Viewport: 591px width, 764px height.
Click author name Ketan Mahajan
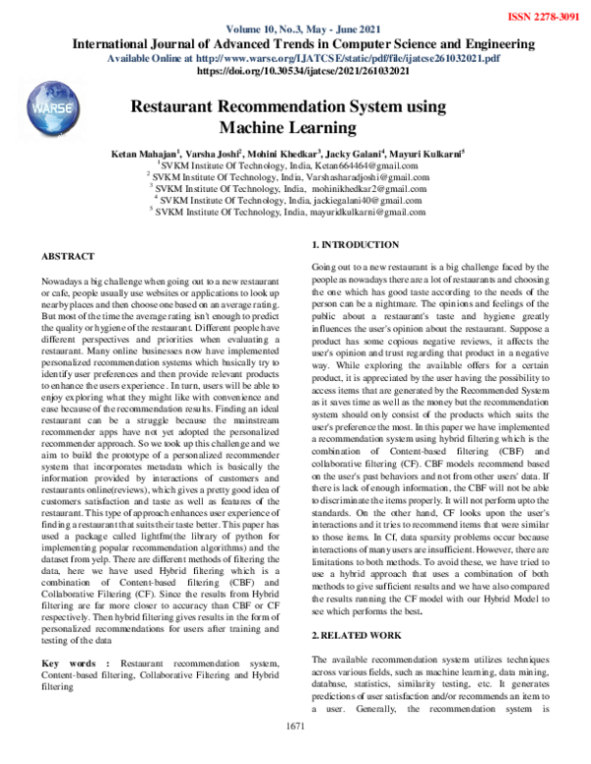(x=146, y=155)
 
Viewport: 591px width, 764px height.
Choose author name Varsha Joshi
(x=216, y=155)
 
